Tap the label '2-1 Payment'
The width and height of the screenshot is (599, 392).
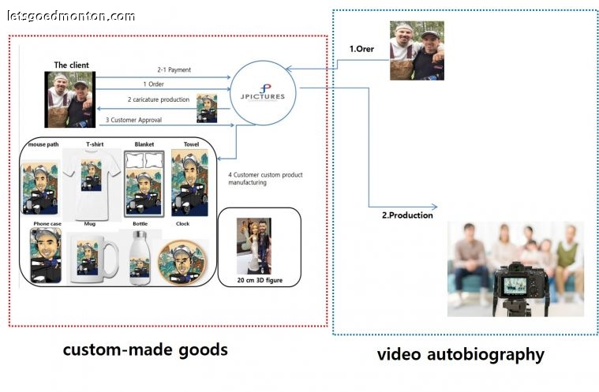click(174, 70)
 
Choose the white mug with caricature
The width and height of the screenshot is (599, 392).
click(92, 259)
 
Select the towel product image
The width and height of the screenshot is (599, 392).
click(189, 183)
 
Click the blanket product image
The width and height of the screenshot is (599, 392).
click(143, 183)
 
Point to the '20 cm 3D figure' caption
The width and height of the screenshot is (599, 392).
click(258, 279)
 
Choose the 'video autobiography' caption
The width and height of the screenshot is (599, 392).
click(460, 354)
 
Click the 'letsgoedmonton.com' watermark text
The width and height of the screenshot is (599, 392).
click(71, 16)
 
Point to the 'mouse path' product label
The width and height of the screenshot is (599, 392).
click(43, 145)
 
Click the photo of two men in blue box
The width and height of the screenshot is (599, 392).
click(417, 50)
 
